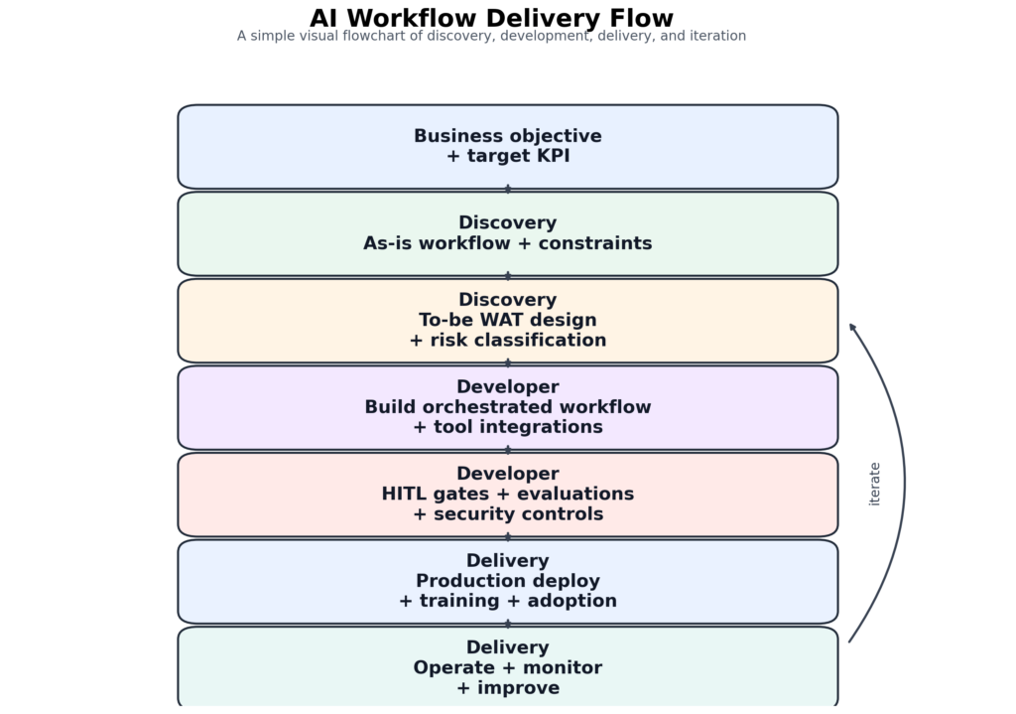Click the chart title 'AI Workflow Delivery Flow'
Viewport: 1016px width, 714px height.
(x=491, y=18)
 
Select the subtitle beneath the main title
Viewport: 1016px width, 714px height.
(x=491, y=36)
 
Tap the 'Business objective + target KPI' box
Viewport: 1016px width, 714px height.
(x=507, y=146)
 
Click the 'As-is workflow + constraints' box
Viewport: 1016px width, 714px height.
(x=507, y=233)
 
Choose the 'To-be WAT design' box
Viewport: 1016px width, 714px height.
(x=507, y=320)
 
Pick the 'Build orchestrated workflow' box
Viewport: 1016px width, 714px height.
(x=507, y=407)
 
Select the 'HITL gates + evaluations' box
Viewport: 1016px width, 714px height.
(x=507, y=494)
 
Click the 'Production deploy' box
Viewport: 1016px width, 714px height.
(x=507, y=581)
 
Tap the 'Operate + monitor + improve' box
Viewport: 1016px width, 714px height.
(x=507, y=667)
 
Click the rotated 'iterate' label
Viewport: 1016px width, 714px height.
(x=874, y=484)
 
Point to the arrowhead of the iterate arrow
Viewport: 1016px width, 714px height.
(x=852, y=327)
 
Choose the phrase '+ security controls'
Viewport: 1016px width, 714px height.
(x=507, y=514)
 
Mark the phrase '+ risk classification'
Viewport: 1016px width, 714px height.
(x=507, y=341)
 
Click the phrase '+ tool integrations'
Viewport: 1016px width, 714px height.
(x=507, y=427)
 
